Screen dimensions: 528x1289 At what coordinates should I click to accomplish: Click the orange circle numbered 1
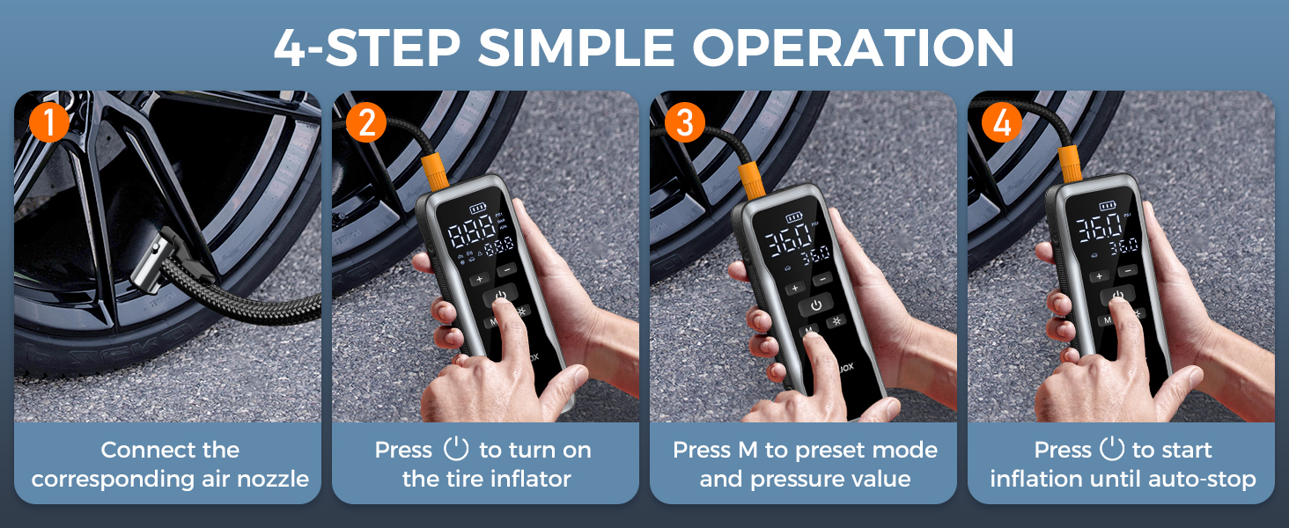pyautogui.click(x=48, y=123)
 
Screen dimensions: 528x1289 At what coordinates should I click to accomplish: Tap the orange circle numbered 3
pyautogui.click(x=683, y=123)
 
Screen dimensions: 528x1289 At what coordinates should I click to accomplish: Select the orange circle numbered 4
pyautogui.click(x=1002, y=123)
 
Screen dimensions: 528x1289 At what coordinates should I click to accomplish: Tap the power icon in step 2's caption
pyautogui.click(x=455, y=450)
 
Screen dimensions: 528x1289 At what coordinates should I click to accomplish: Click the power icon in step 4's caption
pyautogui.click(x=1113, y=450)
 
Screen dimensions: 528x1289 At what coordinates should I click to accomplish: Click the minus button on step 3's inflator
pyautogui.click(x=823, y=279)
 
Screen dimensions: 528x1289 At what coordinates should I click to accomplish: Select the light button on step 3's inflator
pyautogui.click(x=835, y=320)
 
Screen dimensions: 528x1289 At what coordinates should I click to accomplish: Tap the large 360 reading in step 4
pyautogui.click(x=1101, y=227)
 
